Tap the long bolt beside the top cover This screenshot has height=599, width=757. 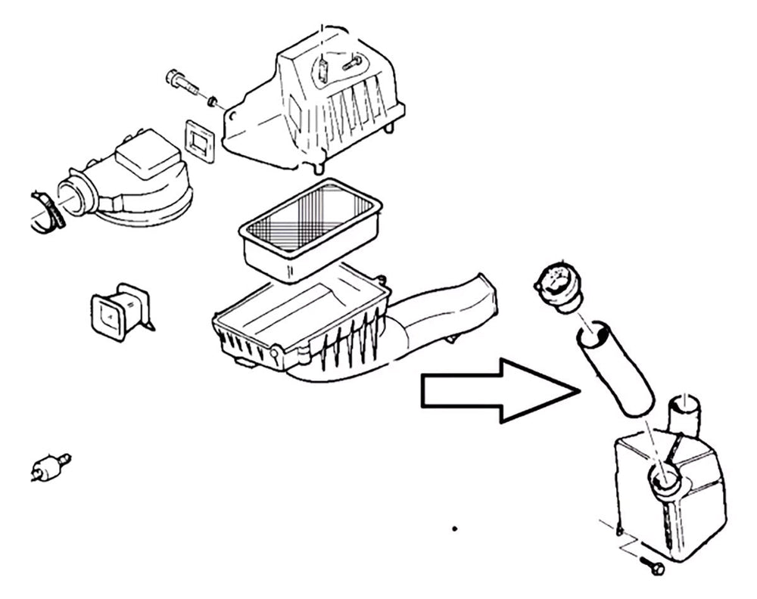pyautogui.click(x=182, y=81)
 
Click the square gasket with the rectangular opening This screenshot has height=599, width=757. pyautogui.click(x=201, y=141)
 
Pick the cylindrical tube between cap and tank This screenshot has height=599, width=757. pyautogui.click(x=615, y=371)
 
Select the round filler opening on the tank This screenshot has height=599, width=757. pyautogui.click(x=664, y=478)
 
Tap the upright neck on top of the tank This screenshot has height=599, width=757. pyautogui.click(x=685, y=417)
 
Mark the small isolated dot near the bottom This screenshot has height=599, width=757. pyautogui.click(x=454, y=529)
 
